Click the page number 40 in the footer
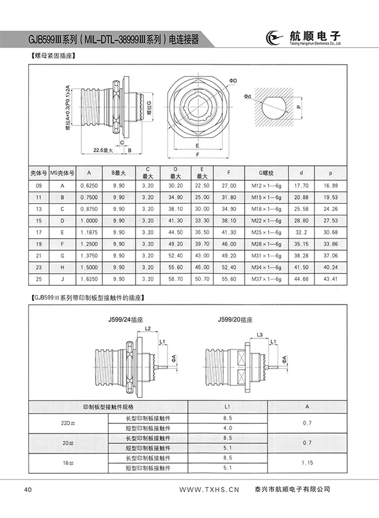click(28, 489)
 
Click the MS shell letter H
click(61, 267)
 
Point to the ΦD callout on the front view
click(233, 80)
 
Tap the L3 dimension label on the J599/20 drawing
click(259, 333)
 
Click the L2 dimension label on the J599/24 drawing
click(147, 328)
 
